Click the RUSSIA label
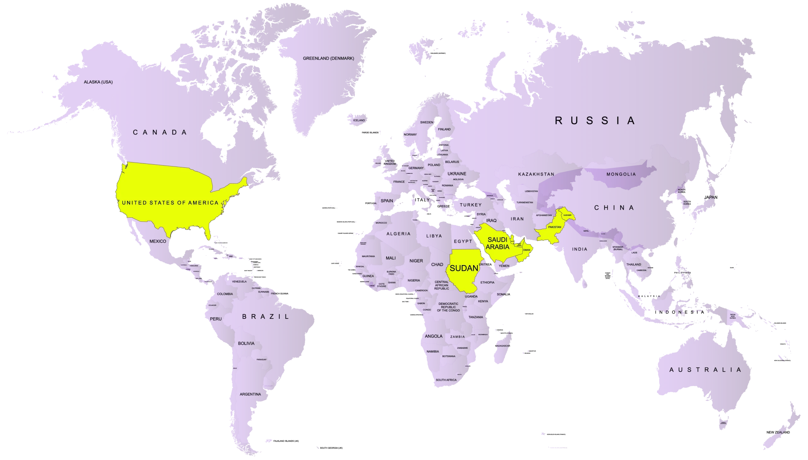pyautogui.click(x=595, y=121)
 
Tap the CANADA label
pyautogui.click(x=160, y=132)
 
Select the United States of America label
pyautogui.click(x=170, y=203)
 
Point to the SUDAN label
pyautogui.click(x=464, y=268)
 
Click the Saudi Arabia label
pyautogui.click(x=497, y=243)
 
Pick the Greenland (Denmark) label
pyautogui.click(x=328, y=58)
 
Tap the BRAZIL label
pyautogui.click(x=265, y=317)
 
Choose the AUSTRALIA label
pyautogui.click(x=705, y=370)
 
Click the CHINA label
pyautogui.click(x=614, y=208)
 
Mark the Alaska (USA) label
pyautogui.click(x=98, y=82)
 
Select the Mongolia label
pyautogui.click(x=621, y=174)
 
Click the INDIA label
pyautogui.click(x=580, y=249)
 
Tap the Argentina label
pyautogui.click(x=250, y=394)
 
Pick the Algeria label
pyautogui.click(x=398, y=234)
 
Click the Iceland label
pyautogui.click(x=359, y=120)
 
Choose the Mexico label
pyautogui.click(x=157, y=241)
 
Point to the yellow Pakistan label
pyautogui.click(x=555, y=227)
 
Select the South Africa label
pyautogui.click(x=446, y=380)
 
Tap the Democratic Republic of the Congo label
pyautogui.click(x=449, y=307)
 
